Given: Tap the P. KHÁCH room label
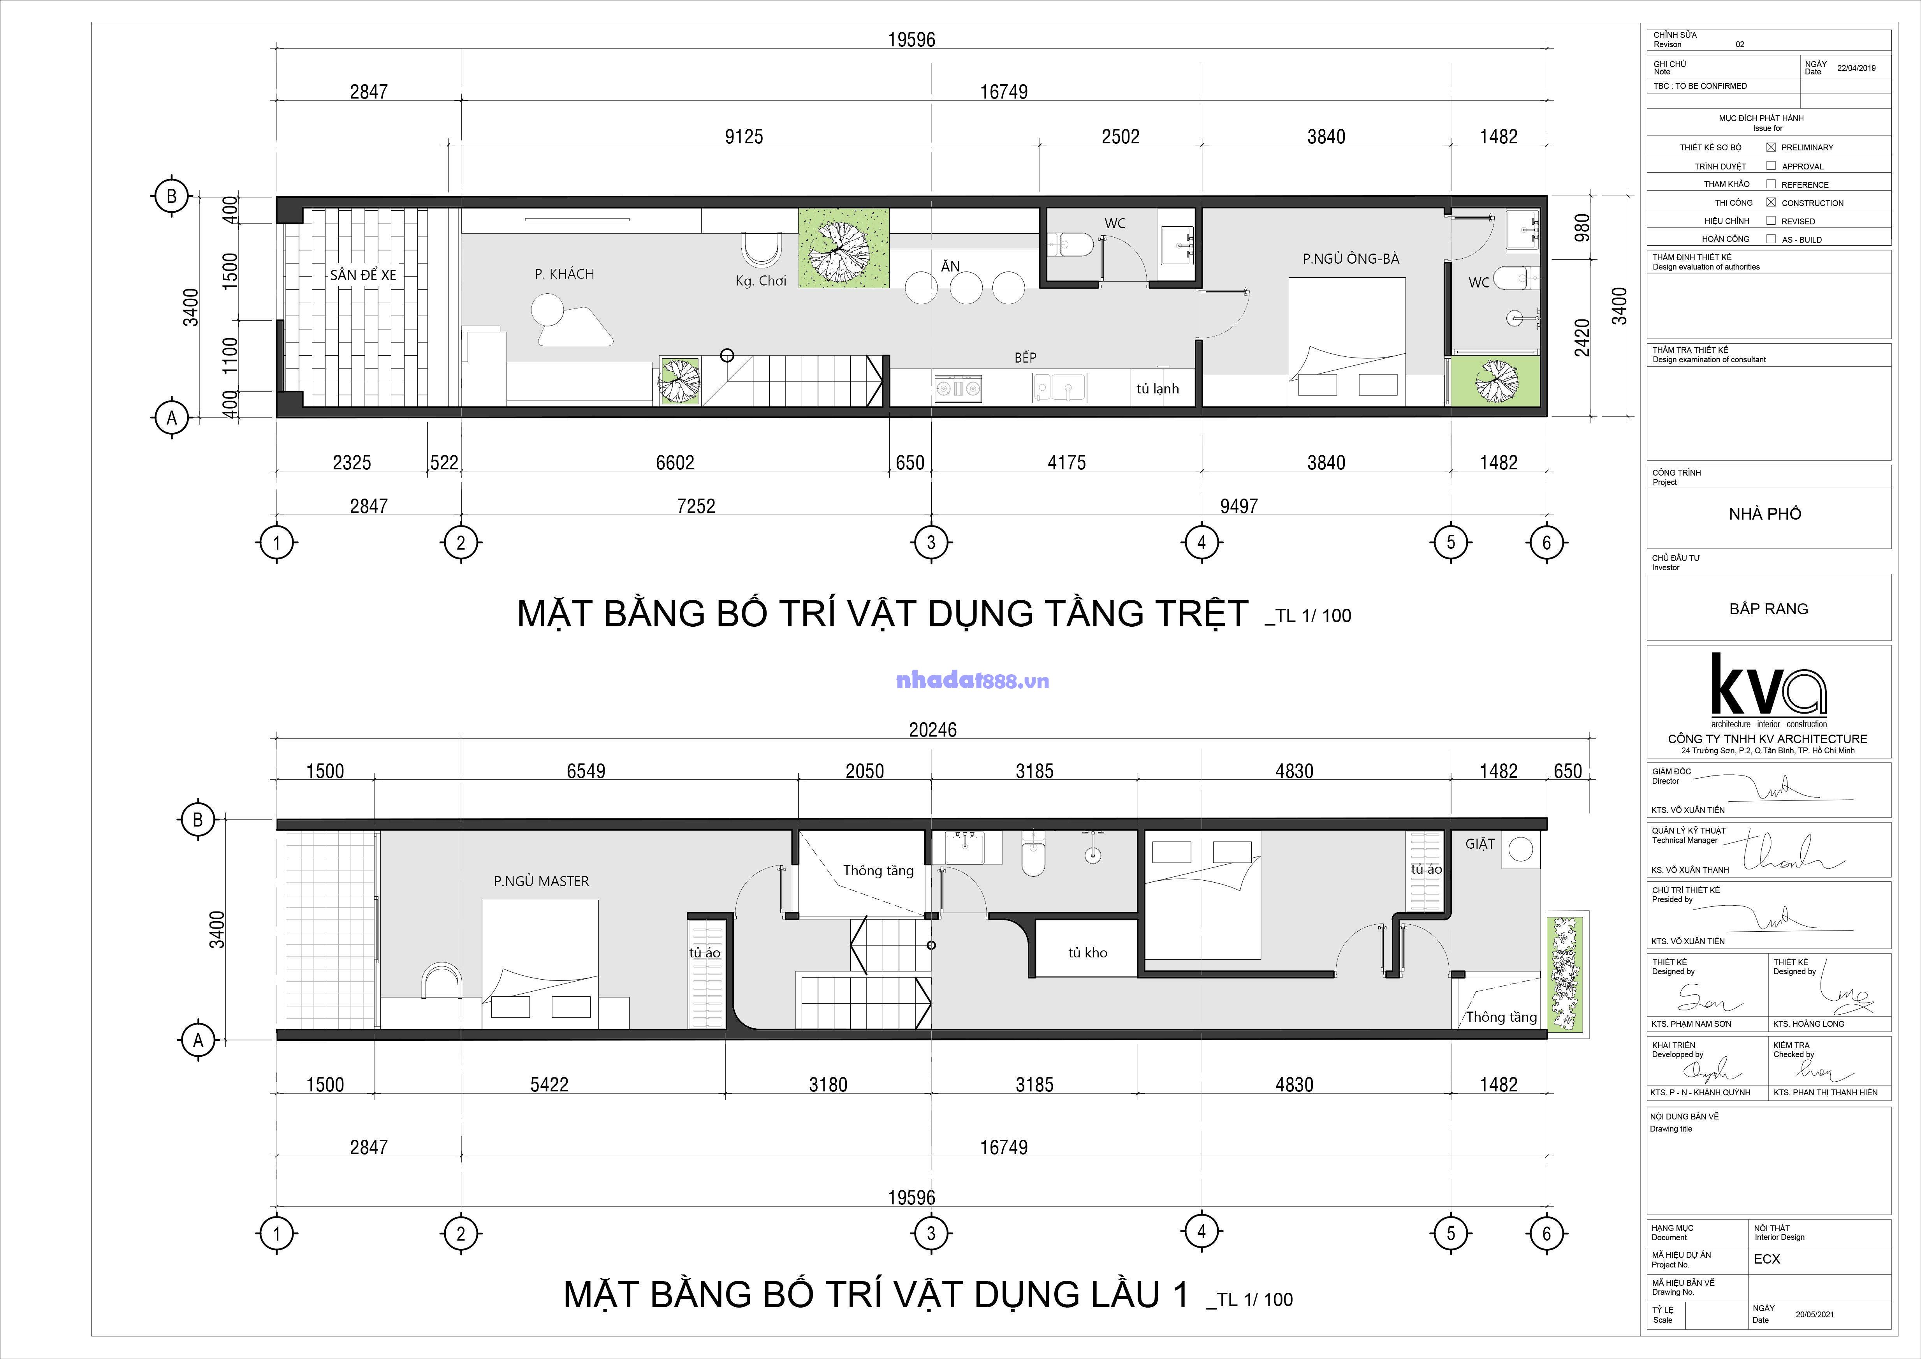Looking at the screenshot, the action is point(565,274).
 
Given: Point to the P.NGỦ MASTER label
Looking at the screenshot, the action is point(541,881).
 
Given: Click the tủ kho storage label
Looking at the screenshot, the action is point(1088,952).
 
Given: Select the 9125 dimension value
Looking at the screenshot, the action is point(744,136).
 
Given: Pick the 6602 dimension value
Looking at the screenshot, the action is point(675,463).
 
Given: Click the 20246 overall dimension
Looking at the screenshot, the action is point(933,730).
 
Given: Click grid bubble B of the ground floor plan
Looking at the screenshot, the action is point(172,197).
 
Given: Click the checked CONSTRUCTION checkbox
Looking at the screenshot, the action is point(1771,203).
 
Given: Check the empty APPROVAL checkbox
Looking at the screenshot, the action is point(1771,166).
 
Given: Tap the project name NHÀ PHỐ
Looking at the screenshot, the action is point(1765,514).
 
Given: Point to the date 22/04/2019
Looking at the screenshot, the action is point(1857,69).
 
